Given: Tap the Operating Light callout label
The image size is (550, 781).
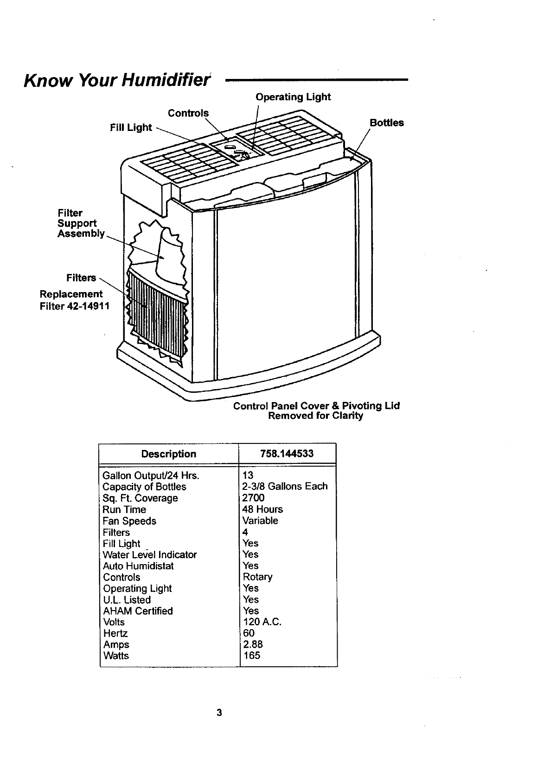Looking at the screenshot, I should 293,97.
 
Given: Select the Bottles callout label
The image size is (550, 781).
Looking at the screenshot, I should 386,123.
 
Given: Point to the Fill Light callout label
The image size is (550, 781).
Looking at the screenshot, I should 131,128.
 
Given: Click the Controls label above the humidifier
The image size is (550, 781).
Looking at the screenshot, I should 188,113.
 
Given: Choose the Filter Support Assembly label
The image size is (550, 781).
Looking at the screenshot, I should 81,223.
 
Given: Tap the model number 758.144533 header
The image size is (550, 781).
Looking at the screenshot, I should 287,454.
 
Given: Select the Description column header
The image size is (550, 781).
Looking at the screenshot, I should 169,454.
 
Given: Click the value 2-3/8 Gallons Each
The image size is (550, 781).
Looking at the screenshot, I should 285,487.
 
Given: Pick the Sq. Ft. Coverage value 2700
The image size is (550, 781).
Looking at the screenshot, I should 253,498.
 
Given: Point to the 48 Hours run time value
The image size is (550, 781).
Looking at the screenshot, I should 262,509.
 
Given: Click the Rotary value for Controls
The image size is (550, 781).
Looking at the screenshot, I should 257,577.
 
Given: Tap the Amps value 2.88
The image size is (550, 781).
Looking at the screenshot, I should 253,644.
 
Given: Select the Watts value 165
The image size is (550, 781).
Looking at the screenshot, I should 251,656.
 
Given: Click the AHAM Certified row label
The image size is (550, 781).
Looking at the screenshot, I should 138,611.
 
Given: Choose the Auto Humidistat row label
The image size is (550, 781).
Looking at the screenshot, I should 138,566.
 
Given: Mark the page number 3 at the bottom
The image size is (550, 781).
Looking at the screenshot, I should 219,713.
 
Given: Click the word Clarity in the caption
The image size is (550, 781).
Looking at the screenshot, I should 347,416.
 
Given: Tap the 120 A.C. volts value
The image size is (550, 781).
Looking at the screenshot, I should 262,622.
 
